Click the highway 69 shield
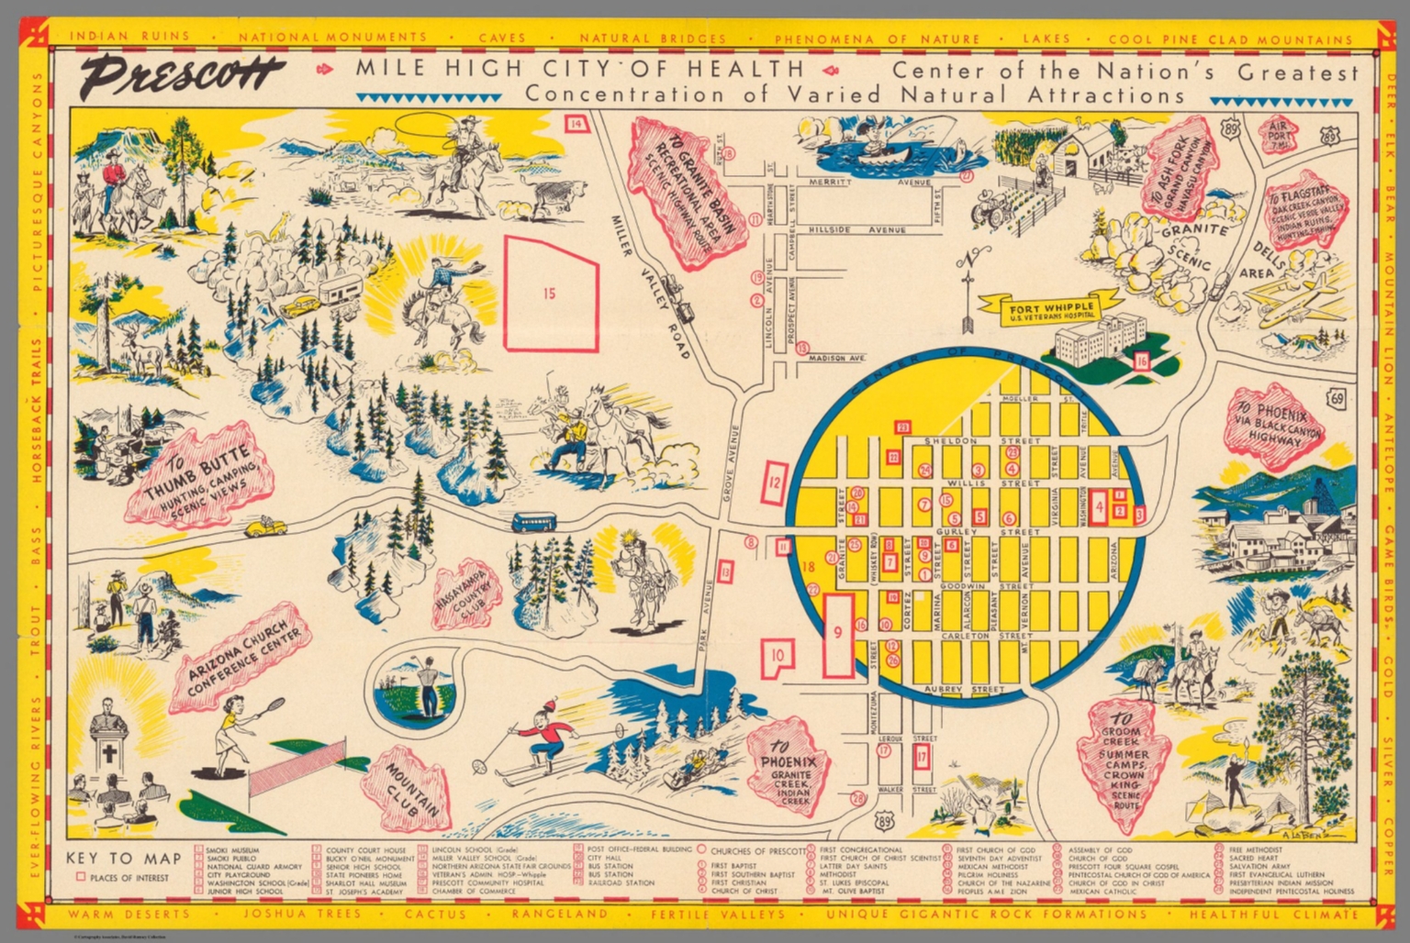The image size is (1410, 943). click(1337, 398)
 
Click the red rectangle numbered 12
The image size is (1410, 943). click(775, 482)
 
